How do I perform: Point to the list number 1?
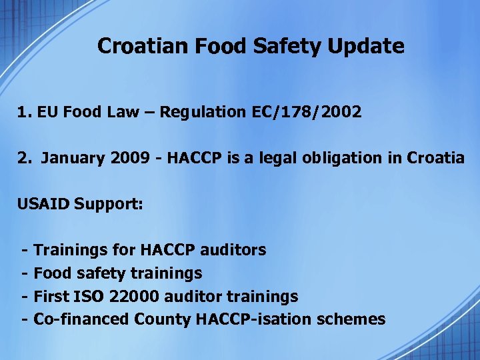click(x=23, y=112)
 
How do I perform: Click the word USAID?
click(x=43, y=203)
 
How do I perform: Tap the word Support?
click(x=109, y=203)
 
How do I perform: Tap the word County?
click(x=163, y=319)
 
